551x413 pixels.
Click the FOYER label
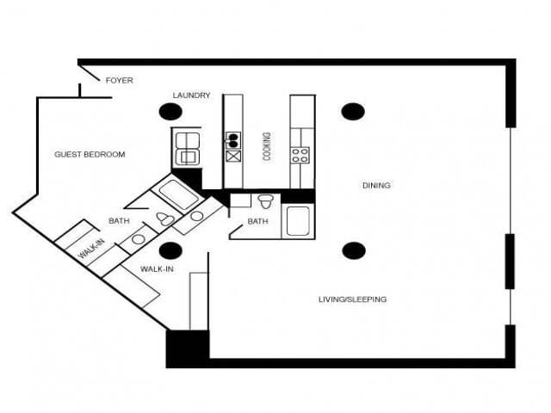pos(119,80)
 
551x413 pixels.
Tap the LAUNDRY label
pos(191,96)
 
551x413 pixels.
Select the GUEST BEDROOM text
pos(90,155)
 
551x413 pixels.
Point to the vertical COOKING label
pos(267,146)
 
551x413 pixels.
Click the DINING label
pos(376,185)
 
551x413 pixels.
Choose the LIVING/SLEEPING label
pos(352,299)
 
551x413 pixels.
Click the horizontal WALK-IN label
pos(158,269)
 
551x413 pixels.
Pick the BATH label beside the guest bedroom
pos(119,221)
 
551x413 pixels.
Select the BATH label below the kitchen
pos(258,221)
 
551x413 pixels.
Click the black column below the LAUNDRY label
pos(170,111)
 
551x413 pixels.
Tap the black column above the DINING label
pos(352,111)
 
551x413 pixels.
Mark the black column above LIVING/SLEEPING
pos(353,250)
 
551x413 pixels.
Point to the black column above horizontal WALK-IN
pos(170,250)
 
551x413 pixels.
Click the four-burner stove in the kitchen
pos(300,156)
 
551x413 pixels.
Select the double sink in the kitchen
pos(232,139)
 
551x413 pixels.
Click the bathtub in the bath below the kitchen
pos(299,220)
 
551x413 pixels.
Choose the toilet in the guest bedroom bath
pos(165,219)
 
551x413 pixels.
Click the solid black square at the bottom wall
pos(187,349)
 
